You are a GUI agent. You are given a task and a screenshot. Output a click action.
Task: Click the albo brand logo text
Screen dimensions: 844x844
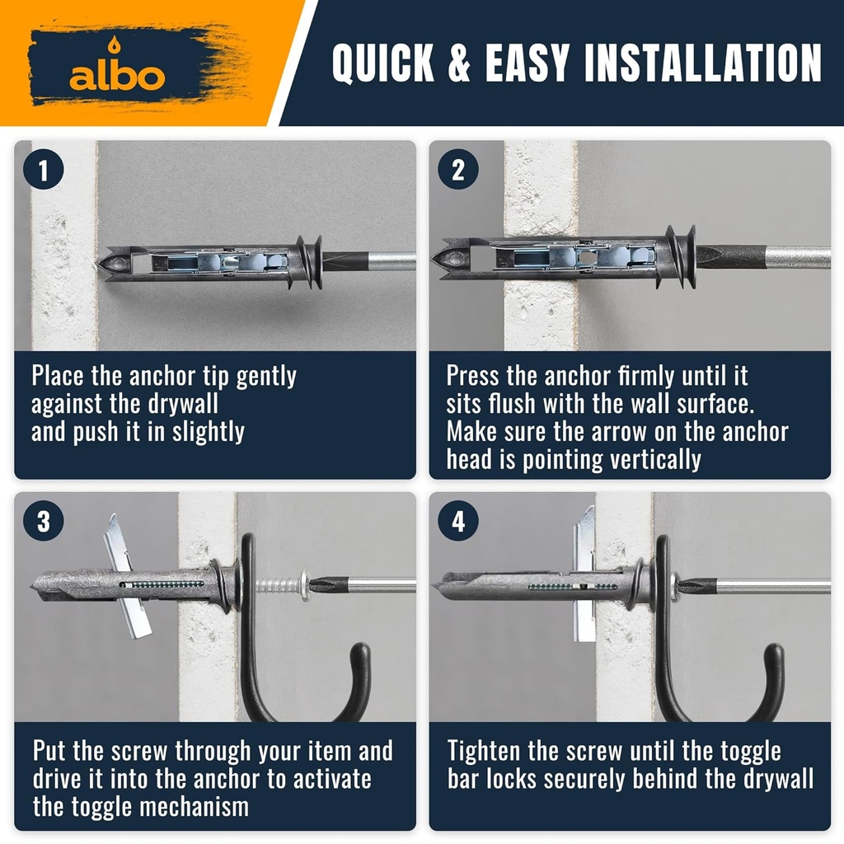[117, 76]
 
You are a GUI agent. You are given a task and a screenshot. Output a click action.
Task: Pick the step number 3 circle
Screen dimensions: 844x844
[44, 521]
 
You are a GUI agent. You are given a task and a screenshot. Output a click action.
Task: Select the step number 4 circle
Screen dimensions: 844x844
[457, 521]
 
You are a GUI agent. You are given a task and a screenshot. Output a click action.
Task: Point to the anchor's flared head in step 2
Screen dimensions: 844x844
[676, 256]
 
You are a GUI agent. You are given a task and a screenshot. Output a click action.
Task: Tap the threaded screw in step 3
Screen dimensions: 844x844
[278, 585]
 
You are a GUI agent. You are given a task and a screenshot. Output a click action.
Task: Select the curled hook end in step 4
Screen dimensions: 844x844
[773, 672]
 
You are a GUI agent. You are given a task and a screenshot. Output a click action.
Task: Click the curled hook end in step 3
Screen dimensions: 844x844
[359, 672]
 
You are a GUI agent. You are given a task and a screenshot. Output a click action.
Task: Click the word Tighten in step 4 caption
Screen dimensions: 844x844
[484, 752]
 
